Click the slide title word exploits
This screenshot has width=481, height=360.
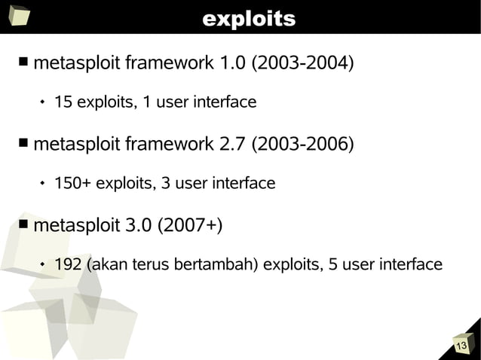tap(248, 19)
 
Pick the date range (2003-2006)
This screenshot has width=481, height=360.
tap(303, 143)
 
